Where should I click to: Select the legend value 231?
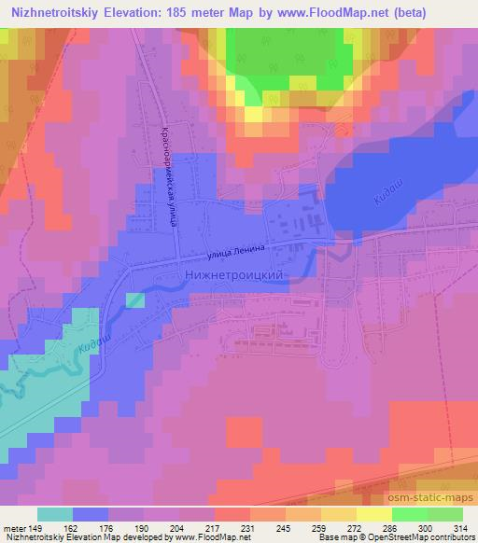click(x=246, y=528)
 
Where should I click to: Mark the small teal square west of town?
click(x=134, y=299)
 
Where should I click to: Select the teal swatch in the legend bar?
click(x=55, y=515)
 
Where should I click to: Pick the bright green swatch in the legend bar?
click(x=408, y=515)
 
